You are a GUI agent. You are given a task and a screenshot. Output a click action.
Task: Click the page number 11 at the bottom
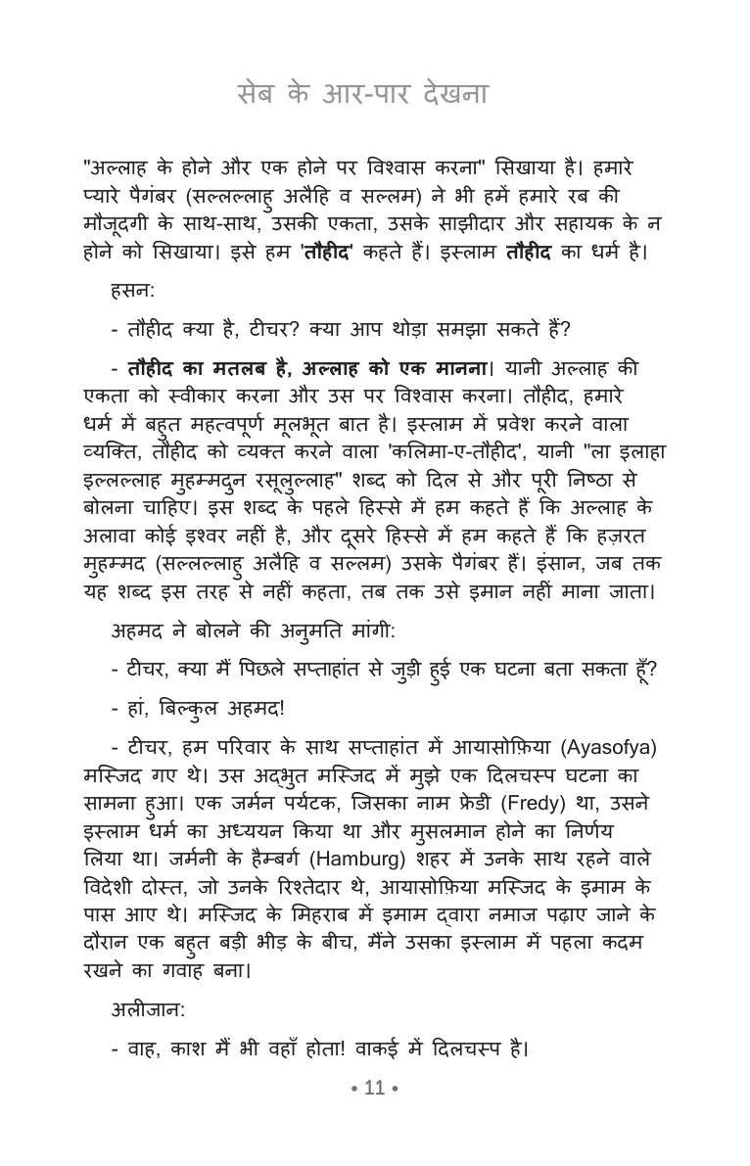point(375,1087)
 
